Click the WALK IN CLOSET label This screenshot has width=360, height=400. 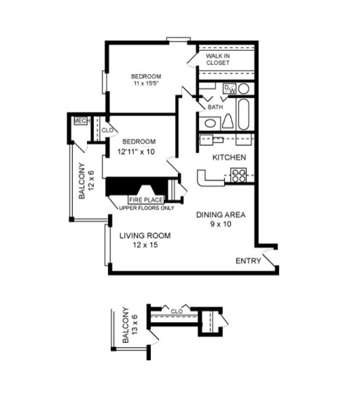(218, 59)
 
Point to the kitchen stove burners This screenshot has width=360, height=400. (238, 175)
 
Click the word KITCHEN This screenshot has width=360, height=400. (229, 158)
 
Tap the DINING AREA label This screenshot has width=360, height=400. (221, 215)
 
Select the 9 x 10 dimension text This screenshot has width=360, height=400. (220, 224)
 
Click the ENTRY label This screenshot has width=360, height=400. (248, 261)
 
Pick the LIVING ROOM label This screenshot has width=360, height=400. (144, 236)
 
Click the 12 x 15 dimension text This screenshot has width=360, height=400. (144, 245)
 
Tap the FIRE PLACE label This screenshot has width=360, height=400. (146, 200)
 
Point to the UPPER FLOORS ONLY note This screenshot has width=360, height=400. (146, 208)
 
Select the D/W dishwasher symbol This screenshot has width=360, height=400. (229, 88)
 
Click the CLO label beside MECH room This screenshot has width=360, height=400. (107, 130)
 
